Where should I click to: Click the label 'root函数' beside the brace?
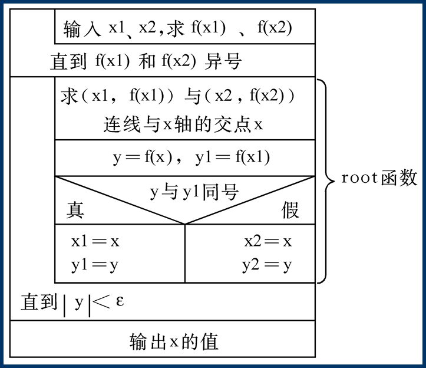pyautogui.click(x=379, y=179)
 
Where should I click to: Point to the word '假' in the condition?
pyautogui.click(x=290, y=210)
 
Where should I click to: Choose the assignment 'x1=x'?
pyautogui.click(x=95, y=241)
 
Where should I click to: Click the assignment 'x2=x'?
pyautogui.click(x=268, y=241)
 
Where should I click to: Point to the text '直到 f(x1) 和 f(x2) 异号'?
pyautogui.click(x=146, y=61)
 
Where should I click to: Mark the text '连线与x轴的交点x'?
pyautogui.click(x=183, y=124)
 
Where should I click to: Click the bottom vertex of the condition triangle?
pyautogui.click(x=185, y=224)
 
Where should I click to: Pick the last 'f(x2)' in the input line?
pyautogui.click(x=274, y=28)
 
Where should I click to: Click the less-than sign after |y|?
pyautogui.click(x=102, y=303)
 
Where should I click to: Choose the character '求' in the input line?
pyautogui.click(x=176, y=29)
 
